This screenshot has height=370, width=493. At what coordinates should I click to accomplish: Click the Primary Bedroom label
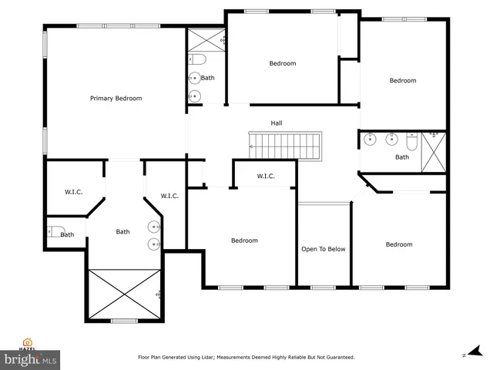(x=116, y=98)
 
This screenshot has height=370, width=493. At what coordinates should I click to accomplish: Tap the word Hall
(x=277, y=123)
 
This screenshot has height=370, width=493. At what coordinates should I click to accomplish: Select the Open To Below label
(x=323, y=249)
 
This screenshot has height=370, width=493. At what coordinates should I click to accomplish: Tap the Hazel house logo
(x=29, y=345)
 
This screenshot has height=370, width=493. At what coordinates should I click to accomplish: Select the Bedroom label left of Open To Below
(x=244, y=240)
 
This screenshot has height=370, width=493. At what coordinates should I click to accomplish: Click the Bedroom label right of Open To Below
(x=398, y=244)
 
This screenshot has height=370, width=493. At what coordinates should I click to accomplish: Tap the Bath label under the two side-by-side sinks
(x=402, y=157)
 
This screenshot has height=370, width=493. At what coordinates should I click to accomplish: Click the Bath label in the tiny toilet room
(x=68, y=235)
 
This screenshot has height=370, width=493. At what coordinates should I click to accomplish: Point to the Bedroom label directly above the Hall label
(x=282, y=63)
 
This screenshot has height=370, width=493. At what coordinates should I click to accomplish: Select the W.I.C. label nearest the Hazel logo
(x=74, y=192)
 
